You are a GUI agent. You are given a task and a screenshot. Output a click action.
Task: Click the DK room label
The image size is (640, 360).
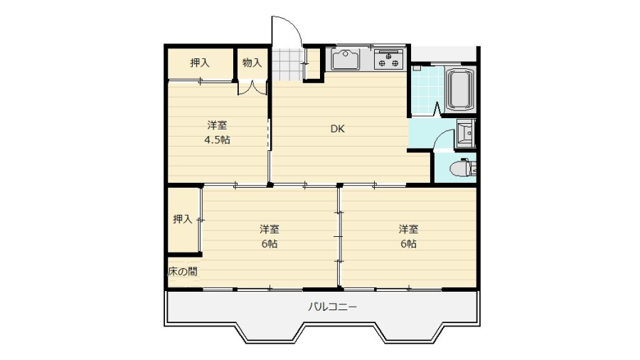click(337, 129)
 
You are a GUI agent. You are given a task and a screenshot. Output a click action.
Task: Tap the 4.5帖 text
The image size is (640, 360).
click(217, 140)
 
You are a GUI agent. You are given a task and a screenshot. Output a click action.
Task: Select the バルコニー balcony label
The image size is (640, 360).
click(332, 306)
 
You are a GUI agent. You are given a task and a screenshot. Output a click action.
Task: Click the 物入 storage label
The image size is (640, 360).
click(252, 63)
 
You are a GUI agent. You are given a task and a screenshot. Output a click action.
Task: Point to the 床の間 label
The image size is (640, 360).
click(183, 272)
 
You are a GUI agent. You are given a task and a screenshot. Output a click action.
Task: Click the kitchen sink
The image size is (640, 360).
click(346, 60)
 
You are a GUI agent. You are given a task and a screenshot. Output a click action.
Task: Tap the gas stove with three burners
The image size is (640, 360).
click(389, 59)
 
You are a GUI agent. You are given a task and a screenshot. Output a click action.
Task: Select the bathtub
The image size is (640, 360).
click(460, 89)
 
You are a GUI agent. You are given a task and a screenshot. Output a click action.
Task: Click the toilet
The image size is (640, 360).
click(462, 168)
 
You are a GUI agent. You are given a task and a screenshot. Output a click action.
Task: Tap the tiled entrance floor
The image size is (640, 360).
click(288, 65)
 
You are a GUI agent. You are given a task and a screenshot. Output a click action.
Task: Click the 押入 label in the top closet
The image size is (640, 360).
click(200, 63)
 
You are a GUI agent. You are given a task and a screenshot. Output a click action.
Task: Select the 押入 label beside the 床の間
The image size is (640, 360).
click(183, 219)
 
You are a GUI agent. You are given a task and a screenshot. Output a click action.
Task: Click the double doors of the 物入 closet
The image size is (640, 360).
click(252, 88)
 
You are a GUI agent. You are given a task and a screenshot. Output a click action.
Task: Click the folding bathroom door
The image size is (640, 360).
click(437, 109)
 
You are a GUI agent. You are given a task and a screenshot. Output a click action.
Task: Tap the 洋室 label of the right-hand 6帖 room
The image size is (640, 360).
click(409, 229)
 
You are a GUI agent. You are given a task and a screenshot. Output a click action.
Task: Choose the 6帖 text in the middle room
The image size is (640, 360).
click(270, 244)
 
